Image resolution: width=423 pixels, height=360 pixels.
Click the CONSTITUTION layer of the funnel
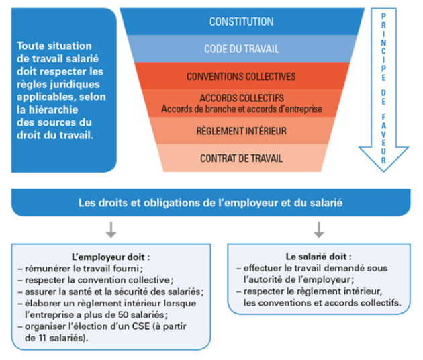point(241,21)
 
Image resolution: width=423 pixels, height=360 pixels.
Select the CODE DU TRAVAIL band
point(241,49)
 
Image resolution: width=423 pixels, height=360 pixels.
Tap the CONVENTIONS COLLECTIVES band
point(241,76)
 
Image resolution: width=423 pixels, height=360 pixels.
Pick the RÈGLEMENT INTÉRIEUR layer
point(241,132)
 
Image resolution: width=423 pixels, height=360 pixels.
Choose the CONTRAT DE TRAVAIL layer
point(241,159)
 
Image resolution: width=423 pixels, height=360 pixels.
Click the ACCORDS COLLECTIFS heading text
point(241,98)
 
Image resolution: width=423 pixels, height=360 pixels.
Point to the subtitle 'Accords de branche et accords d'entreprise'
point(241,108)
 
